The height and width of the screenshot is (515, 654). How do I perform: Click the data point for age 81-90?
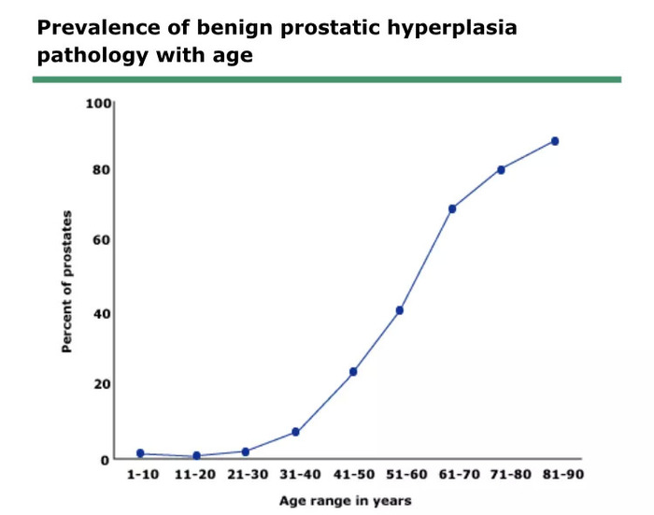(x=555, y=141)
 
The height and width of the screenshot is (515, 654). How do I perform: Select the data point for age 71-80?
(x=501, y=170)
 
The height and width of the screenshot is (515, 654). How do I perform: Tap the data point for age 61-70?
(x=452, y=208)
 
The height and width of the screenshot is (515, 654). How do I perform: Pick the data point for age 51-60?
(x=400, y=310)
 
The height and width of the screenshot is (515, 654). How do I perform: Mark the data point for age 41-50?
(x=353, y=371)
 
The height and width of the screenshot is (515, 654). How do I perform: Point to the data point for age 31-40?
(x=295, y=432)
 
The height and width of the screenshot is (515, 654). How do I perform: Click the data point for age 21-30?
(x=245, y=451)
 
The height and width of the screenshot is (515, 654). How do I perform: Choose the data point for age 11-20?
(x=196, y=456)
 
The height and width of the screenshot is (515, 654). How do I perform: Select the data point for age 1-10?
(x=140, y=453)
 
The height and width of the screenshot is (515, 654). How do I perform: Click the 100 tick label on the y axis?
(x=98, y=103)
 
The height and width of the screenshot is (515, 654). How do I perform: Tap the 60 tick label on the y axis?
(x=101, y=240)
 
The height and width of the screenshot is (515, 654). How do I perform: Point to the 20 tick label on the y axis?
(x=101, y=384)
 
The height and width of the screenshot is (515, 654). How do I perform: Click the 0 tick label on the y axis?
(x=105, y=460)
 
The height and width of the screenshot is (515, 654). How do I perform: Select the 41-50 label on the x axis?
(x=354, y=475)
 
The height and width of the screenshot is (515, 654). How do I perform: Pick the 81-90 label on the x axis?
(x=563, y=475)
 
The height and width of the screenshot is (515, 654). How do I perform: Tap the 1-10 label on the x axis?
(x=143, y=475)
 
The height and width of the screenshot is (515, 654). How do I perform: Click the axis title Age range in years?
(x=346, y=501)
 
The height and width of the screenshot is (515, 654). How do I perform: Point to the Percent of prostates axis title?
(x=66, y=281)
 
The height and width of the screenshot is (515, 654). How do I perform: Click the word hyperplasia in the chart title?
(x=452, y=28)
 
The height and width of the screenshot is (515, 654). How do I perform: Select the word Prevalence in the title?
(x=98, y=27)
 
